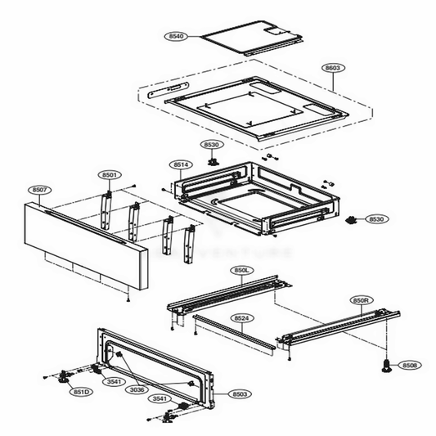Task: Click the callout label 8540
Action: point(176,37)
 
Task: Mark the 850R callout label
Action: point(362,300)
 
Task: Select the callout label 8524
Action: point(241,317)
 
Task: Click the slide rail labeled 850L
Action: point(229,294)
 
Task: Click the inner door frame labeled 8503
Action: point(155,368)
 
